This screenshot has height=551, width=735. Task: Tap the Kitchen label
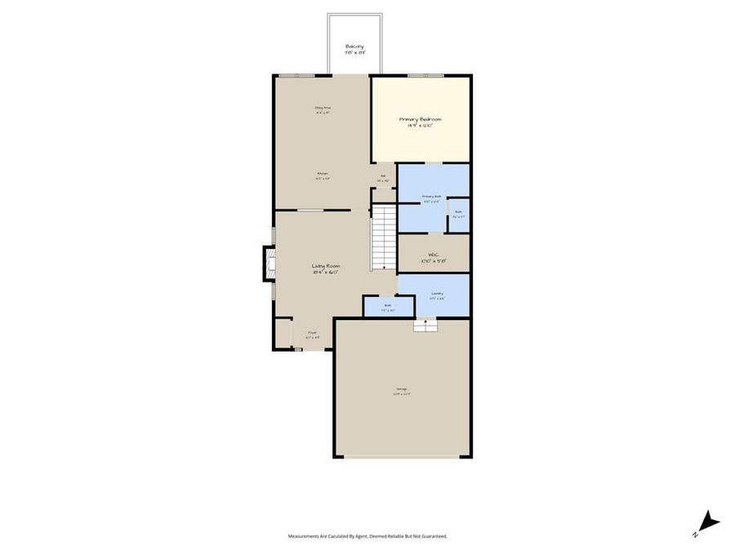323,174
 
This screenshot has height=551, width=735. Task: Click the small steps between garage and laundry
425,326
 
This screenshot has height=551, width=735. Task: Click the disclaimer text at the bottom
367,536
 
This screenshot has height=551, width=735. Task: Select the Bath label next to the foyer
389,308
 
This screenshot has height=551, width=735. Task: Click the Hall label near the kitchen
382,177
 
